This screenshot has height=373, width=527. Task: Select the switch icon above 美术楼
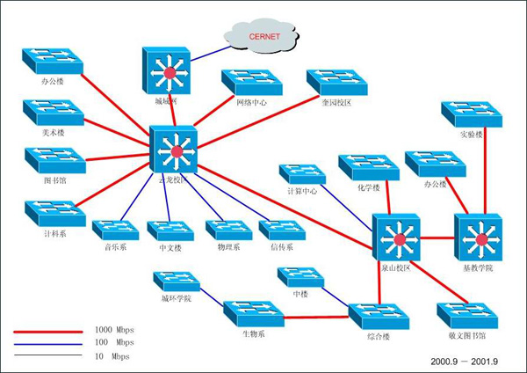point(53,110)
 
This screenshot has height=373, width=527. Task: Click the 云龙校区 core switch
point(174,150)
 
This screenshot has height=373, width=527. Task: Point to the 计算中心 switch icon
point(303,173)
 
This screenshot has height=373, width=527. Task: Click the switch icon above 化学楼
point(366,166)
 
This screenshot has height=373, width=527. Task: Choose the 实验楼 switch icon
point(471,113)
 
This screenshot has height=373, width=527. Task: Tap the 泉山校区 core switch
point(397,237)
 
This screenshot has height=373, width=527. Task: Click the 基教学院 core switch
point(479,237)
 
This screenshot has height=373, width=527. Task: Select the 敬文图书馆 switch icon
point(466,314)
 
